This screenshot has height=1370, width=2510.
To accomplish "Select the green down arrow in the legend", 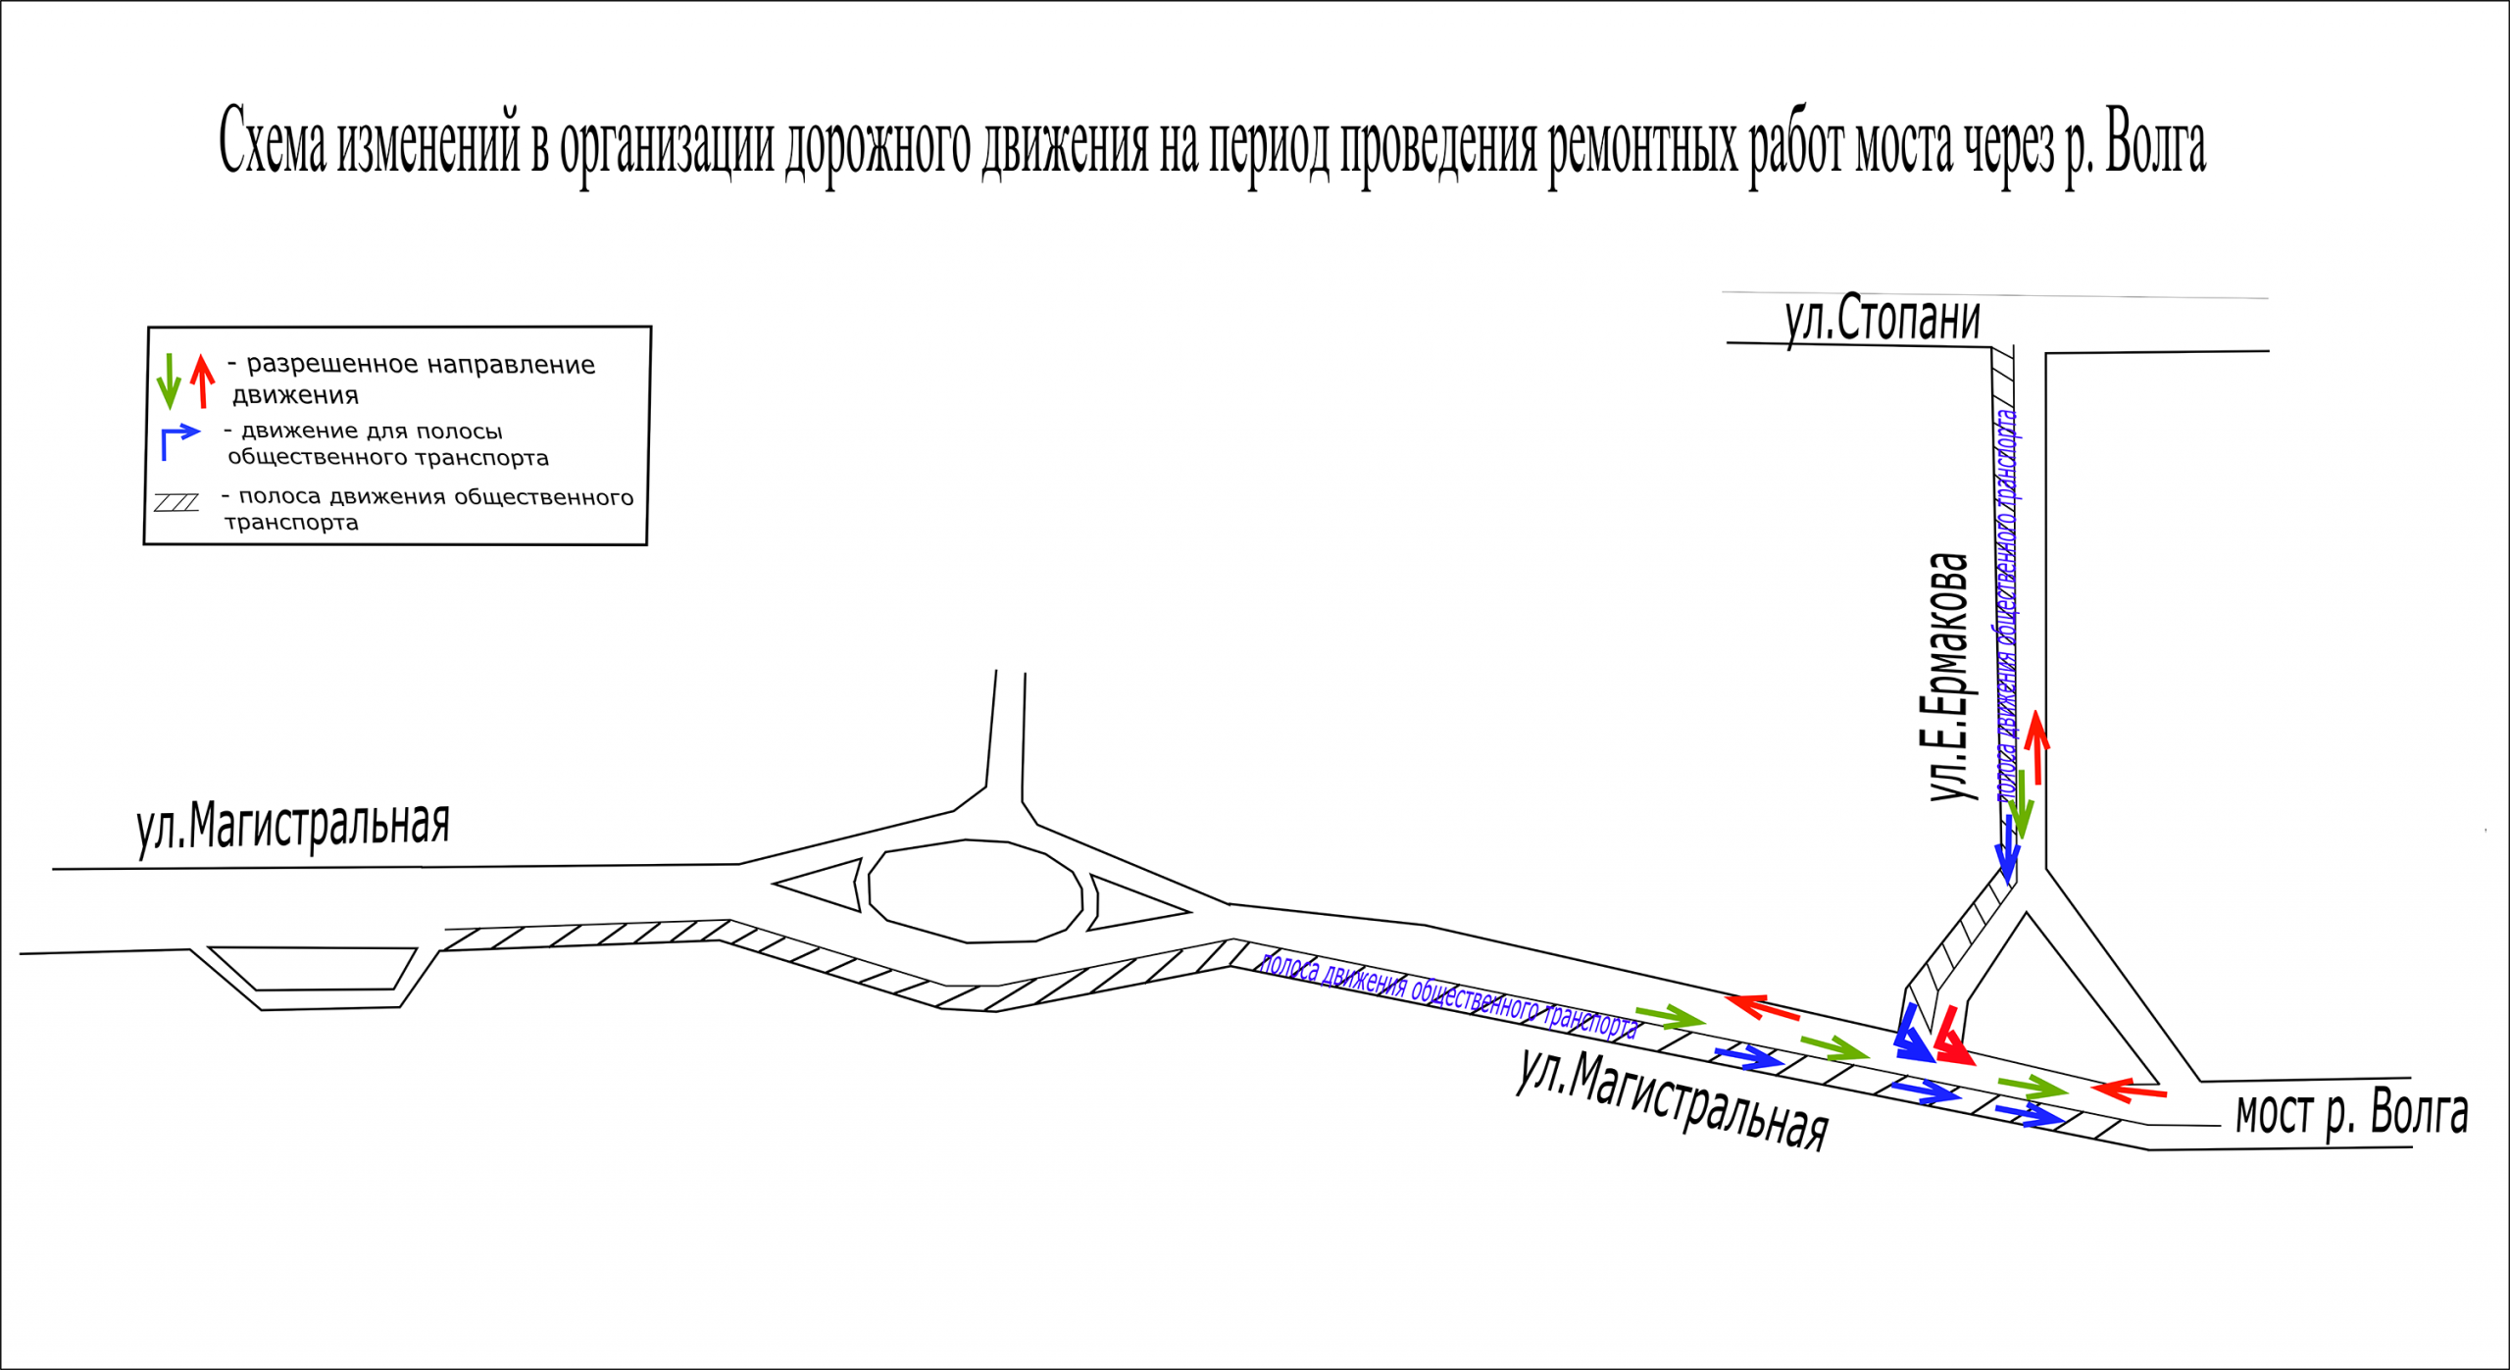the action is [x=169, y=381].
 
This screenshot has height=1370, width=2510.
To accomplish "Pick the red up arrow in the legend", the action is [x=203, y=381].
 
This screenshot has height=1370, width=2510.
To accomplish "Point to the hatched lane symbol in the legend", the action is [x=176, y=503].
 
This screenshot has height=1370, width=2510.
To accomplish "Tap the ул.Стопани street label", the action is [x=1882, y=319].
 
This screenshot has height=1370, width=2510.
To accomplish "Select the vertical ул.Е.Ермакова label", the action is [x=1948, y=677].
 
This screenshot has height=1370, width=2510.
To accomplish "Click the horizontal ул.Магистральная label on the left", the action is [x=293, y=825].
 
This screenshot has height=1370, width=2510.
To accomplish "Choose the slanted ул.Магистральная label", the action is [x=1673, y=1098].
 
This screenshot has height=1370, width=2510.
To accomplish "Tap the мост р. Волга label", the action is [x=2351, y=1112].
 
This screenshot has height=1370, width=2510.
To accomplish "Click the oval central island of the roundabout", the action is [x=976, y=891].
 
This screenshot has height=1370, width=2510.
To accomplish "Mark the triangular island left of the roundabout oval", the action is [x=820, y=885].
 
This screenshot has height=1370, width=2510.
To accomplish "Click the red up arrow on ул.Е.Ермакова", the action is [x=2037, y=747].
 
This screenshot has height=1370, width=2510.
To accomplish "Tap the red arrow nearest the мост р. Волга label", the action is [x=2129, y=1090].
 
